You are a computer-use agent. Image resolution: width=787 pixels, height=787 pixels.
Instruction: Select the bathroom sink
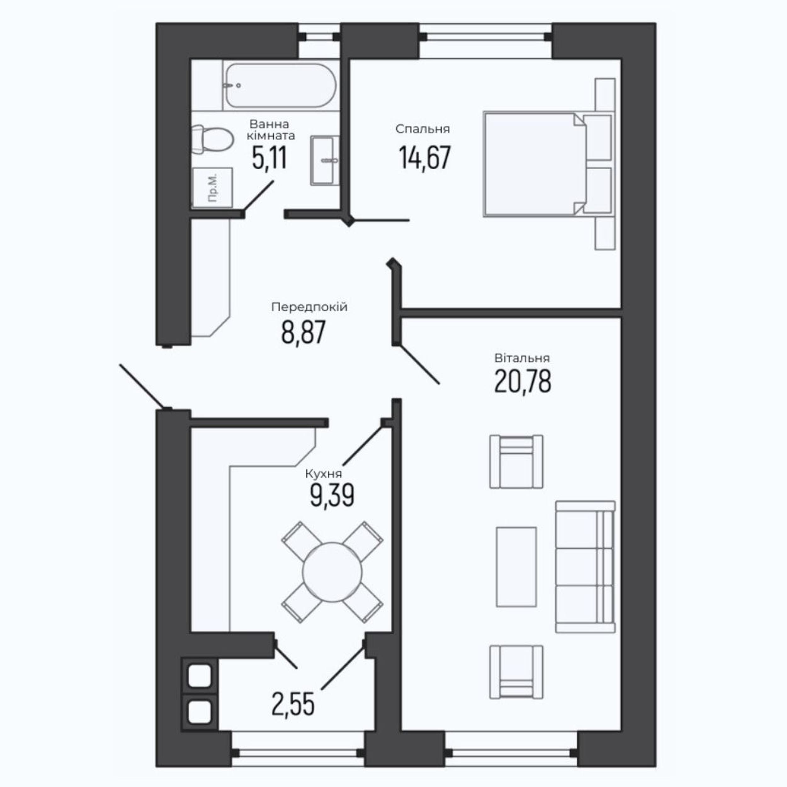click(x=325, y=161)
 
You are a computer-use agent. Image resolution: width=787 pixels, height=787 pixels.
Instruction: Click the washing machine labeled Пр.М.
click(x=212, y=187)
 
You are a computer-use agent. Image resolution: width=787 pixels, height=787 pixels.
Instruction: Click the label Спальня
click(x=422, y=129)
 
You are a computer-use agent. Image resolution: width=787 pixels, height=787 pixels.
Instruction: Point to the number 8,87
click(x=303, y=332)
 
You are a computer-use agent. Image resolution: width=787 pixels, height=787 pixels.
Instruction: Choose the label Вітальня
click(x=522, y=358)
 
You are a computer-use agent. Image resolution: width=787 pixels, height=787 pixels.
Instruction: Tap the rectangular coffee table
click(x=516, y=567)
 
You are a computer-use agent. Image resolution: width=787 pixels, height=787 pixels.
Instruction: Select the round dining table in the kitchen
click(x=332, y=572)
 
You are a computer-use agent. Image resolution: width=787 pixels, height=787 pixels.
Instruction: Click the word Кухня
click(x=323, y=474)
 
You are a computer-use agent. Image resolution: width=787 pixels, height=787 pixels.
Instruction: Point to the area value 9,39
click(x=332, y=495)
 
